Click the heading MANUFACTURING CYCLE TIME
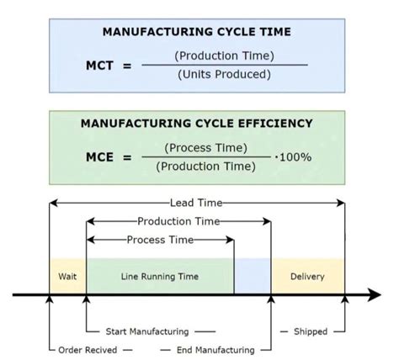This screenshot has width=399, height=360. click(197, 32)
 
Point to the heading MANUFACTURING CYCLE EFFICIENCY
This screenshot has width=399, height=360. click(196, 123)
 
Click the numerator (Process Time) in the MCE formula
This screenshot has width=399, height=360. click(206, 147)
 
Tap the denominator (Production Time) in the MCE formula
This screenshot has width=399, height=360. click(206, 167)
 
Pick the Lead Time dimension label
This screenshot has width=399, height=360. click(194, 203)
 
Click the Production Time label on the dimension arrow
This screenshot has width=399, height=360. click(178, 221)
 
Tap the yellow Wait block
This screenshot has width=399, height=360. click(68, 276)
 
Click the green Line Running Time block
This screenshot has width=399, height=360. click(160, 276)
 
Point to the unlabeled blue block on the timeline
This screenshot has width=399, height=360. click(253, 276)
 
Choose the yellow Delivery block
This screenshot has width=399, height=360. click(307, 276)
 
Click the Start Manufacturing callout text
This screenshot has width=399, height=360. click(147, 331)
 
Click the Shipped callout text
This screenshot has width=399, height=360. click(310, 331)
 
